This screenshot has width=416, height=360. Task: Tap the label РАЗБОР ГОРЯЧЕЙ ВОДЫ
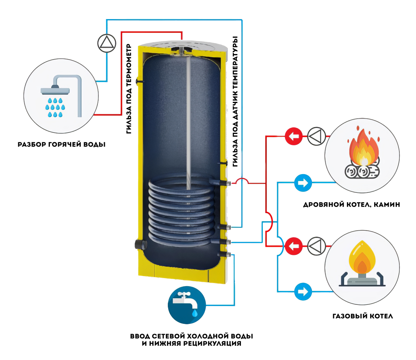(62, 144)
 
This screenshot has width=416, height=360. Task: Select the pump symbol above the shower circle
(106, 42)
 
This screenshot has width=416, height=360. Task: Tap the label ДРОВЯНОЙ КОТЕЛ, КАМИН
(352, 205)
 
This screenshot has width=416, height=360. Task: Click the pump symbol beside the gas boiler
(316, 246)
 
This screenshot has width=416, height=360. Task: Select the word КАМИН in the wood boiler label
(387, 205)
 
